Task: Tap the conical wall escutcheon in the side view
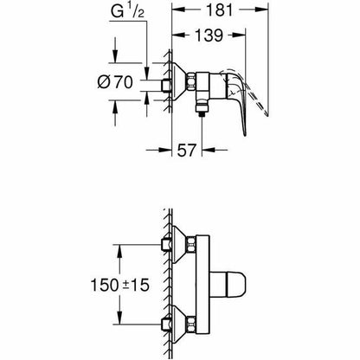(x=185, y=83)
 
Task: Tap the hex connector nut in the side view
(x=204, y=84)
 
